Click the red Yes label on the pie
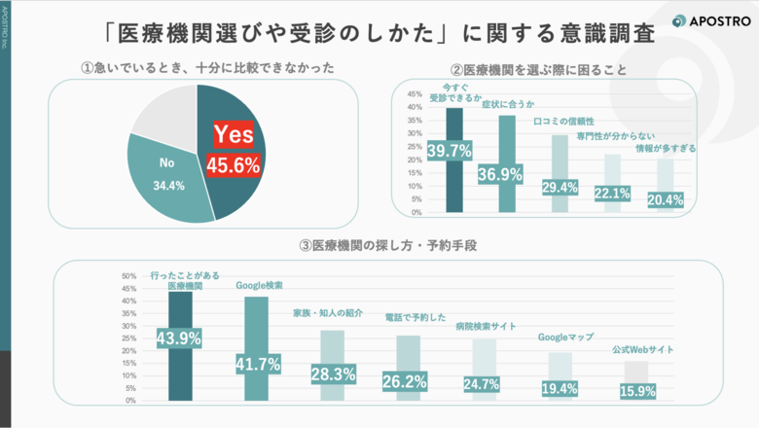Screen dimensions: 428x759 [234, 134]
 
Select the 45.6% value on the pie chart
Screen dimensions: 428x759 [234, 164]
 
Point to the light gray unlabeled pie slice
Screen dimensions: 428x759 [165, 112]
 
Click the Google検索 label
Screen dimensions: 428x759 [260, 286]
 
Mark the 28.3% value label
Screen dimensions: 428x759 [331, 375]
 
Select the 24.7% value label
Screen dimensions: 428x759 [484, 383]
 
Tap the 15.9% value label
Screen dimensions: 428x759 [637, 391]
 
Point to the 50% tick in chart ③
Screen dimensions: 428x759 [128, 275]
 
